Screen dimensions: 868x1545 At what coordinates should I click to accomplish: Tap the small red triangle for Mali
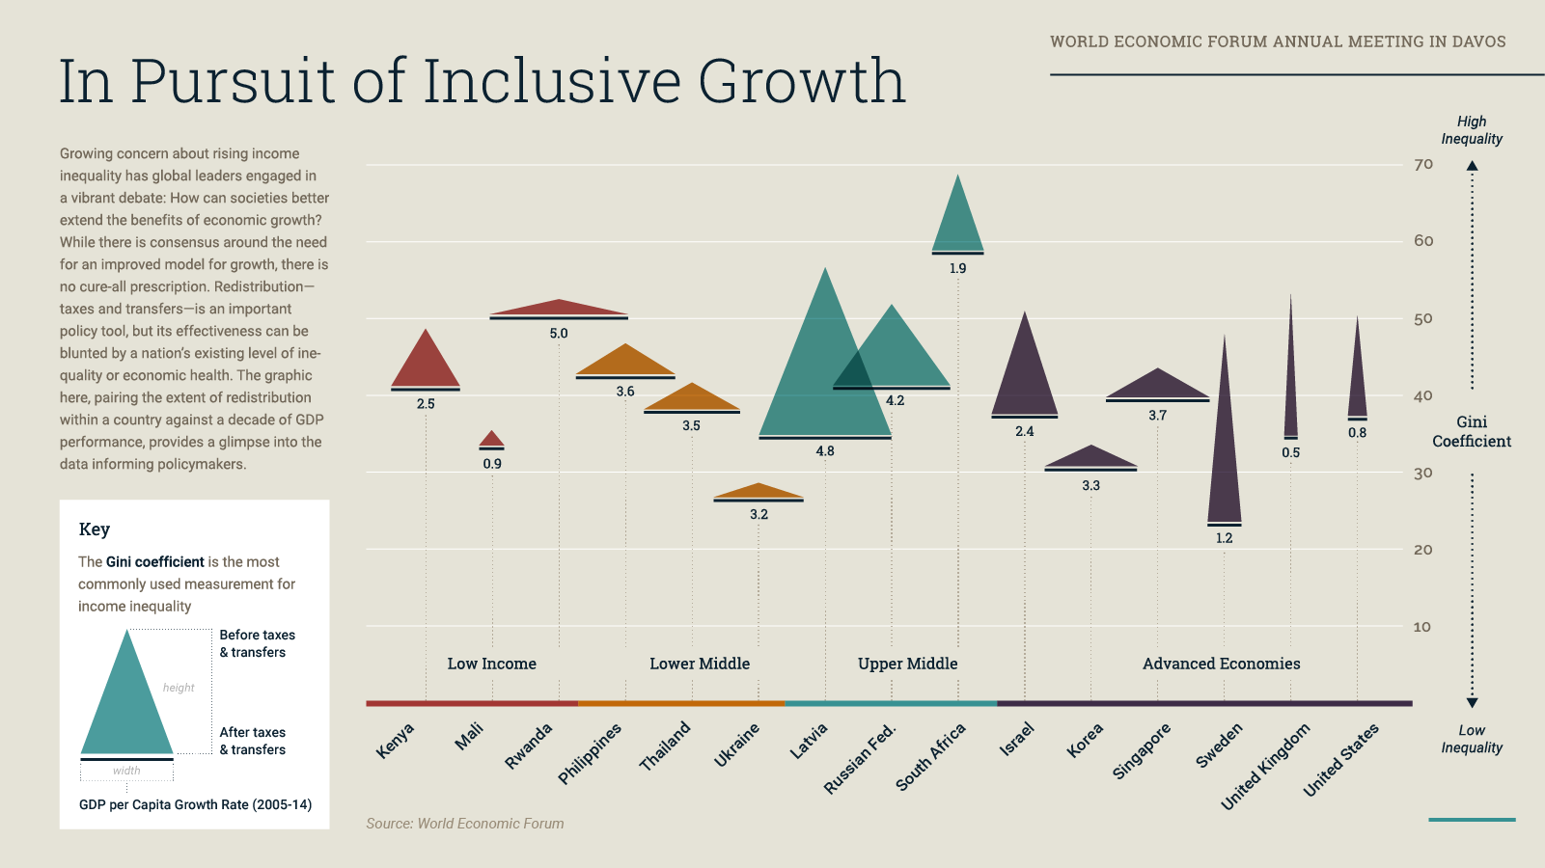(492, 441)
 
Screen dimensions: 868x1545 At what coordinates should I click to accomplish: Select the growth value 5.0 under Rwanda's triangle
(559, 334)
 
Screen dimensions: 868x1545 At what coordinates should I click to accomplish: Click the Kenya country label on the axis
(395, 741)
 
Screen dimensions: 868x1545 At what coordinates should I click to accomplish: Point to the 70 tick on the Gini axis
(1423, 165)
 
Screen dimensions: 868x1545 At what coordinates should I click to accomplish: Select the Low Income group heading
(491, 664)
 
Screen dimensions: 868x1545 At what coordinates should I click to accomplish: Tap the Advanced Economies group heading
(1221, 664)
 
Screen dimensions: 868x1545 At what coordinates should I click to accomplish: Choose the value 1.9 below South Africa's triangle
(957, 268)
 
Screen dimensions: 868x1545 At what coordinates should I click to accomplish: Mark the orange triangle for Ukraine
(759, 493)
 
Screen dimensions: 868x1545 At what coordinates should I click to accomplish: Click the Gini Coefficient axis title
(1472, 431)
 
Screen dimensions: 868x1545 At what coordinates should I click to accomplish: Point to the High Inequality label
(1472, 130)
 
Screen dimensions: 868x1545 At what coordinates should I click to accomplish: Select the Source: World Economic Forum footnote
(465, 824)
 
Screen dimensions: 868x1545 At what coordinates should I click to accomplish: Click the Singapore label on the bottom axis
(1142, 750)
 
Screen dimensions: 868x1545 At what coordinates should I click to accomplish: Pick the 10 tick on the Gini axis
(1422, 627)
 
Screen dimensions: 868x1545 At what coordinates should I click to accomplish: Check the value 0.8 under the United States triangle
(1357, 433)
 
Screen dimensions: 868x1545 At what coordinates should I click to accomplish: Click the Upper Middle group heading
(907, 664)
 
